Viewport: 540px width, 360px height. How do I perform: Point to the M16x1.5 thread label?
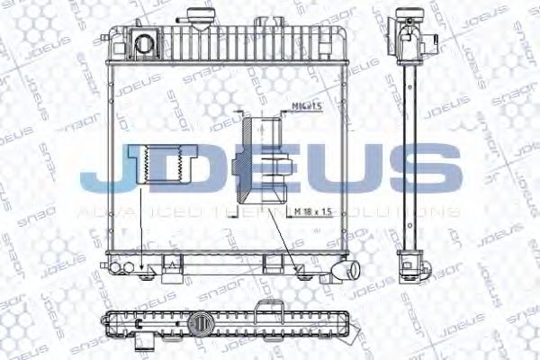point(309,107)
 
